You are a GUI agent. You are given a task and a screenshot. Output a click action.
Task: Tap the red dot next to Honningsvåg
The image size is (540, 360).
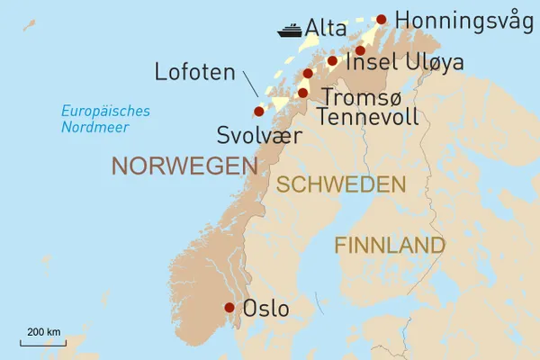coord(382,19)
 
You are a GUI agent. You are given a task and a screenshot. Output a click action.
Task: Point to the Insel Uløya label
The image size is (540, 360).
coord(418,62)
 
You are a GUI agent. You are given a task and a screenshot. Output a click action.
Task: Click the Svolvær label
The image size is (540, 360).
coord(256,136)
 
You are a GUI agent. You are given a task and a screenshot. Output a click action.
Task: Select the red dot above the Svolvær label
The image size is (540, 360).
coord(259,112)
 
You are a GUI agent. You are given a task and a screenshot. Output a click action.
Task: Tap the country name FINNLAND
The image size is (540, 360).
coord(390,245)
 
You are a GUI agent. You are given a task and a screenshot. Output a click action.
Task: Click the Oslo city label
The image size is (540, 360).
coord(266,309)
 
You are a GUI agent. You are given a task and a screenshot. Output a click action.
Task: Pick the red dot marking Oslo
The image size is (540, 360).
coord(229,308)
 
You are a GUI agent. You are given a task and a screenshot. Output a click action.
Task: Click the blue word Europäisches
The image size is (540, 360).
coord(105,112)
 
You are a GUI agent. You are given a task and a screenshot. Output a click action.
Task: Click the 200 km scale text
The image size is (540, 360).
coord(42,333)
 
